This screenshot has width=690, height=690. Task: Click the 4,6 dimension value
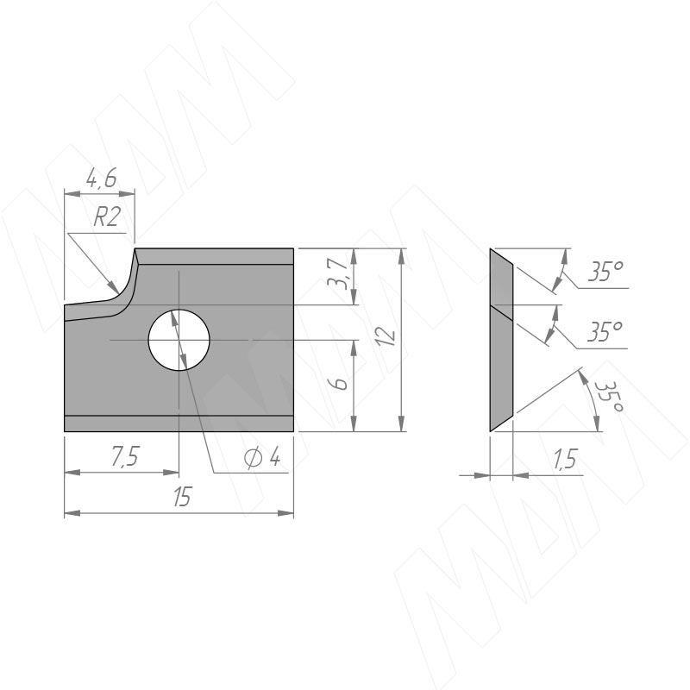coord(101,178)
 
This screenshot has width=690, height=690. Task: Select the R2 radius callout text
coord(106,217)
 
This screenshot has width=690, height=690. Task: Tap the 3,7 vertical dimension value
coord(339,273)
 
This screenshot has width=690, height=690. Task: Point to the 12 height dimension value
coord(386,336)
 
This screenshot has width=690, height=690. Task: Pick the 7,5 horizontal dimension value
coord(125,456)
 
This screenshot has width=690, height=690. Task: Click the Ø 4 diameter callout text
coord(262,459)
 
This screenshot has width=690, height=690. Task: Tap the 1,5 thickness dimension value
coord(565,460)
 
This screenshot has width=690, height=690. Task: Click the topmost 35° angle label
coord(606,272)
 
